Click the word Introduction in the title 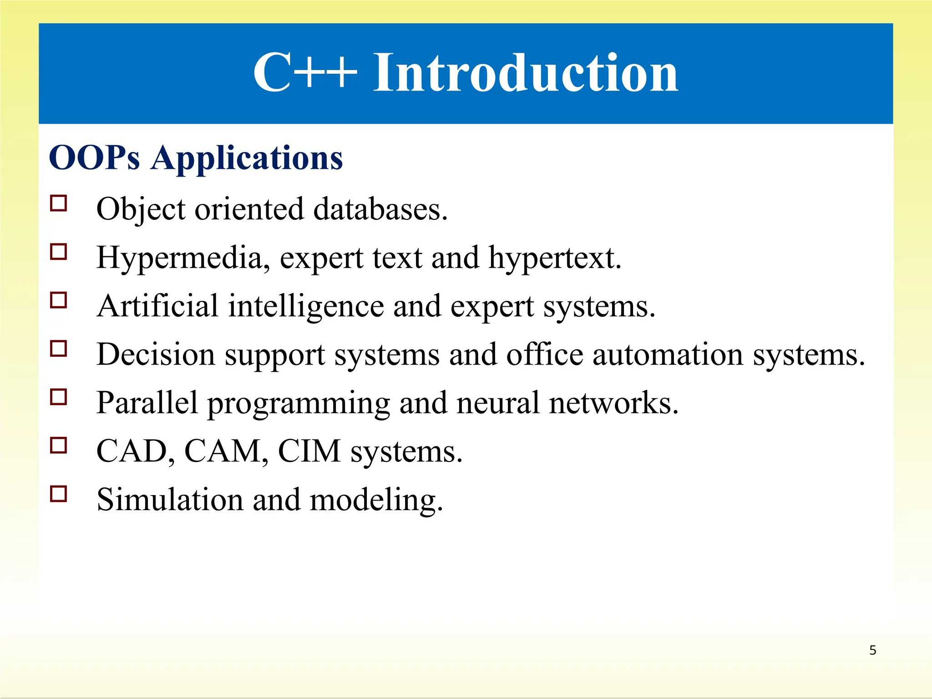point(526,73)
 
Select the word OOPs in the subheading point(94,158)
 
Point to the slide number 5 point(872,650)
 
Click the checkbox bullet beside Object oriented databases point(59,203)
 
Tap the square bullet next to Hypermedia point(59,252)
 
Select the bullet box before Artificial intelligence point(59,300)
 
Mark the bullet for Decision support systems point(59,349)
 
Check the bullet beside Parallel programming point(59,397)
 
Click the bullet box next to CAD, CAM point(59,446)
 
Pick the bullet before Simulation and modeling point(59,494)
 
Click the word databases point(380,209)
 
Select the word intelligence point(306,307)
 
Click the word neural point(498,403)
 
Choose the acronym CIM point(309,451)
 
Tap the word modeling point(376,501)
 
